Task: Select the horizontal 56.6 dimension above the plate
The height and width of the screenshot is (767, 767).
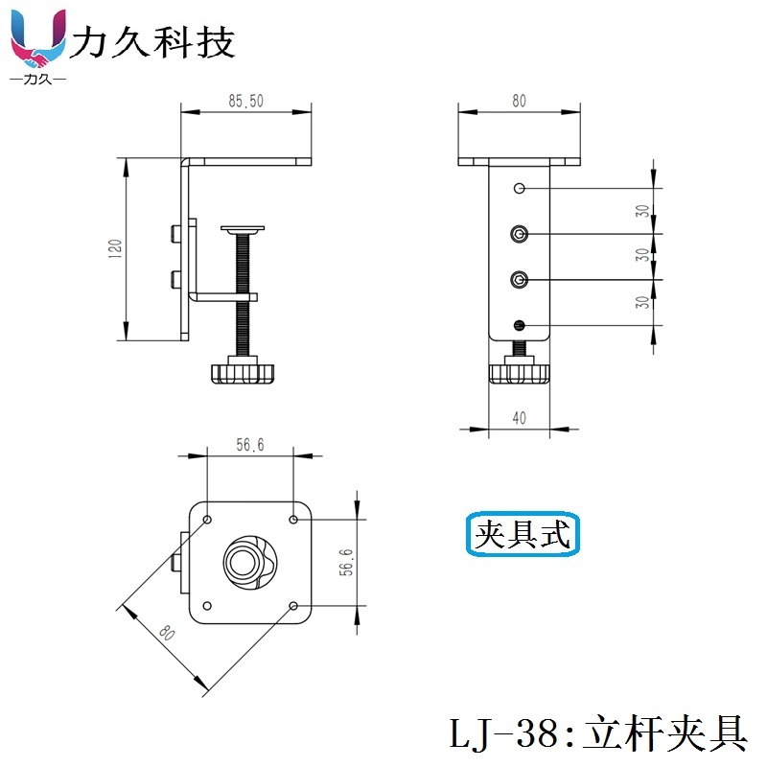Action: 249,444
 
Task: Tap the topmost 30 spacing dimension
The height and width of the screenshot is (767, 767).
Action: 642,211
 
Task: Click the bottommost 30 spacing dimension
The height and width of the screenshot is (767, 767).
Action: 642,303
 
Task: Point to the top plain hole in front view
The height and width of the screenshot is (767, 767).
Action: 520,188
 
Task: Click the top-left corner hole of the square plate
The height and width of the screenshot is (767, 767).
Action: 207,520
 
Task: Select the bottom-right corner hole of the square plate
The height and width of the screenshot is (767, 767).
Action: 293,606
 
